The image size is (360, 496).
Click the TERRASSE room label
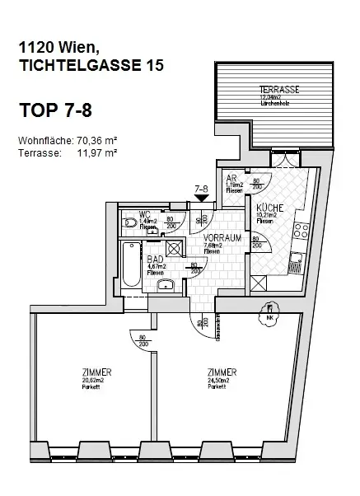tap(278, 88)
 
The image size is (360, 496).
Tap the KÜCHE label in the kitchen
tap(269, 208)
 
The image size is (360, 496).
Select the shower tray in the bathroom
tap(173, 249)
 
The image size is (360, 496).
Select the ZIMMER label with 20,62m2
tap(97, 372)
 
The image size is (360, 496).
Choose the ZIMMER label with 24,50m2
tap(222, 372)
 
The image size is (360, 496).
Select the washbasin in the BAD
tap(162, 284)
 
